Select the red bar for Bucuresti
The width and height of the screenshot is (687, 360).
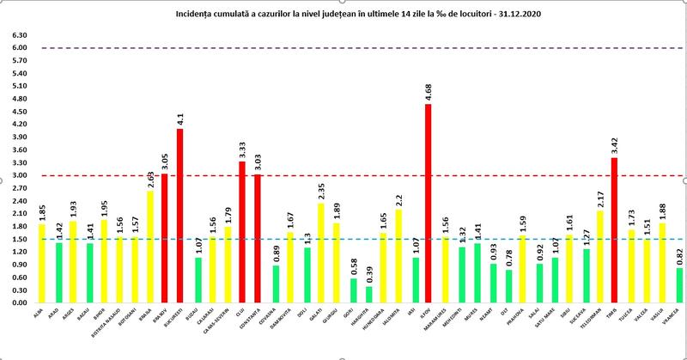[179, 216]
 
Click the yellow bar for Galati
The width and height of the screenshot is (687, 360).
[319, 253]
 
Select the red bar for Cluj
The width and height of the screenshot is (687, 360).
[242, 232]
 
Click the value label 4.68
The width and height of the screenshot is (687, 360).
[429, 90]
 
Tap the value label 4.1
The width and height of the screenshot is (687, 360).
[180, 118]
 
